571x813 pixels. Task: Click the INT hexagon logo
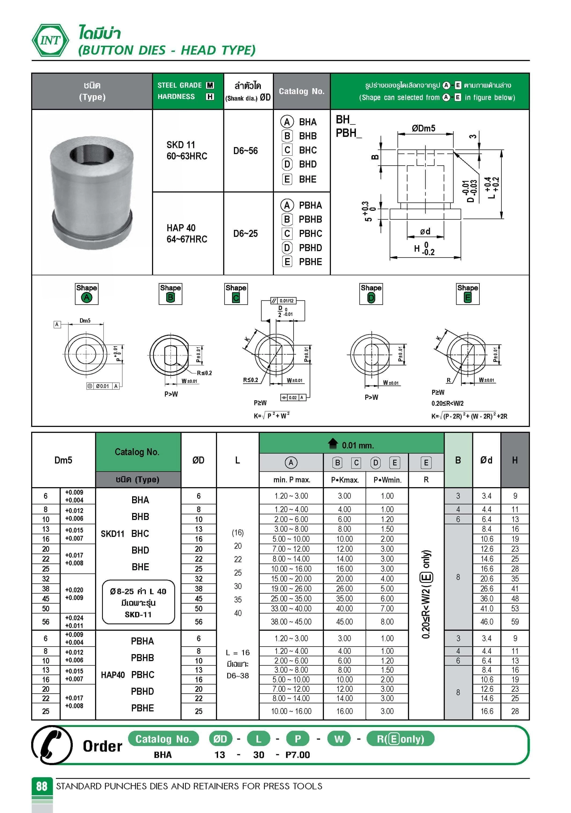50,40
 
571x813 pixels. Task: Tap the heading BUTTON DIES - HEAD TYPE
167,50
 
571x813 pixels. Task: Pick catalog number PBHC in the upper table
310,234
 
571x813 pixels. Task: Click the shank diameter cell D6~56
245,151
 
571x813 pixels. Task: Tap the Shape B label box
170,294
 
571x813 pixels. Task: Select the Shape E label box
467,294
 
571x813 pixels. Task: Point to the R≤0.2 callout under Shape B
204,373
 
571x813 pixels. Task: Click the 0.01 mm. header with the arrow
351,444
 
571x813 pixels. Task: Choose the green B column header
458,460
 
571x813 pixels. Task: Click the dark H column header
515,460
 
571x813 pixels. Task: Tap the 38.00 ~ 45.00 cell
291,621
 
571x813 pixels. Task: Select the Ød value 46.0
486,621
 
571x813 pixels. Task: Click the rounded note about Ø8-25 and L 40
138,602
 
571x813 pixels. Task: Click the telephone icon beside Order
52,745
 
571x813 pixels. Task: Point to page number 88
42,786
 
